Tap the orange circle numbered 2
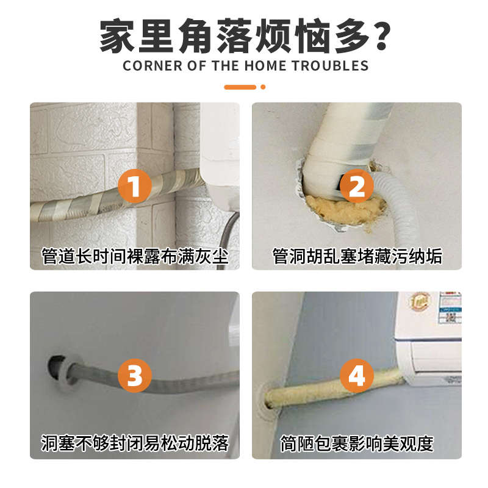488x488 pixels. coord(356,185)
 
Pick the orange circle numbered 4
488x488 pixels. coord(356,375)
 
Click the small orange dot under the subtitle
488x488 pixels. coord(263,87)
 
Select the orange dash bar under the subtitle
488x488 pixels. coord(240,87)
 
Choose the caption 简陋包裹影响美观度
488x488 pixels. coord(356,442)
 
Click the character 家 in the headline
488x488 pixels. coord(117,35)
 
